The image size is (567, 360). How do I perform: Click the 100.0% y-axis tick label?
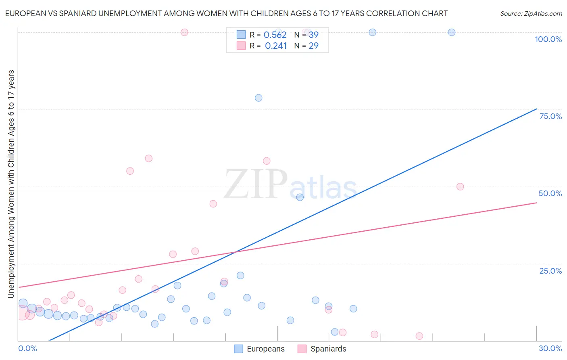[548, 39]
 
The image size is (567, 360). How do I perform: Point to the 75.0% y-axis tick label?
[550, 116]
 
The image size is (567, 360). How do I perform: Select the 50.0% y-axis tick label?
[550, 193]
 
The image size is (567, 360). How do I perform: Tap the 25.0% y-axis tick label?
[550, 271]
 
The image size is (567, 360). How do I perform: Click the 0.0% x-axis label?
[27, 348]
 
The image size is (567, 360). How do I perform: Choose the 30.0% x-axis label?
[550, 348]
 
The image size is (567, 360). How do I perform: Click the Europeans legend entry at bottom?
[259, 349]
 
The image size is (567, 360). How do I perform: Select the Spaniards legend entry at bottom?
[322, 349]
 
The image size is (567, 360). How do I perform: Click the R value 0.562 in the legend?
[275, 35]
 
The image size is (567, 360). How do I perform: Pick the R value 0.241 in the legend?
[276, 46]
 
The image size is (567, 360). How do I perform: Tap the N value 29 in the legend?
[313, 46]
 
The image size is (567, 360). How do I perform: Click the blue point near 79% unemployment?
[258, 98]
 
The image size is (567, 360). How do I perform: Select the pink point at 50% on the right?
[460, 186]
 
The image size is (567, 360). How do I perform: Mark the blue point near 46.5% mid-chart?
[300, 197]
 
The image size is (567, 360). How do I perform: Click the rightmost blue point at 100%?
[452, 32]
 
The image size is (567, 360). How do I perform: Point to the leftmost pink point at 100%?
[184, 32]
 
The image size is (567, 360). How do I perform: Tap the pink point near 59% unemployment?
[148, 159]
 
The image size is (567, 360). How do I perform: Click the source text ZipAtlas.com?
[531, 14]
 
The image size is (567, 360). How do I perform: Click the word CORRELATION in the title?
[391, 13]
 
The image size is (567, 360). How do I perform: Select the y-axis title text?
[11, 184]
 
